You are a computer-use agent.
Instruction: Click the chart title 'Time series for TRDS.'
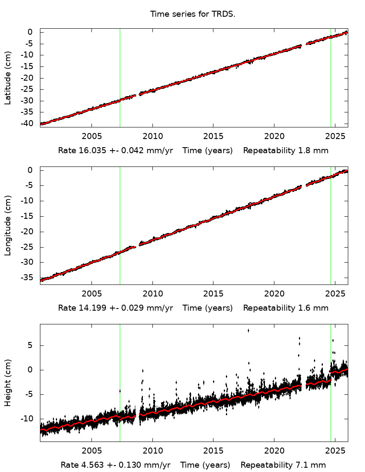[193, 14]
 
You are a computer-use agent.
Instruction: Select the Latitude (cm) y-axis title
[8, 78]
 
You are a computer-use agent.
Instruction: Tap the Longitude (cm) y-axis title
[8, 226]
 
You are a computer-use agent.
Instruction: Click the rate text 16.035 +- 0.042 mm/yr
[116, 151]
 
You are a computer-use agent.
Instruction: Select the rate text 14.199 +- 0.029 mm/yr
[116, 308]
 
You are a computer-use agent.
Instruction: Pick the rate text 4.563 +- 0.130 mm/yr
[116, 465]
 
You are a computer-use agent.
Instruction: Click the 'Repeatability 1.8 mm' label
[286, 151]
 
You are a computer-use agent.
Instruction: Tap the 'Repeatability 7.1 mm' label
[283, 465]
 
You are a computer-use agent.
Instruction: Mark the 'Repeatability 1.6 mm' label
[286, 308]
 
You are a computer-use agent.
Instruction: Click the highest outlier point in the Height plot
[248, 330]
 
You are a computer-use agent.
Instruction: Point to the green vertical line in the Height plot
[331, 408]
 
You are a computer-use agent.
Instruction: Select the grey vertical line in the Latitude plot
[120, 64]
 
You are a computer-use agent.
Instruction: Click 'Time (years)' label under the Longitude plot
[208, 308]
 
